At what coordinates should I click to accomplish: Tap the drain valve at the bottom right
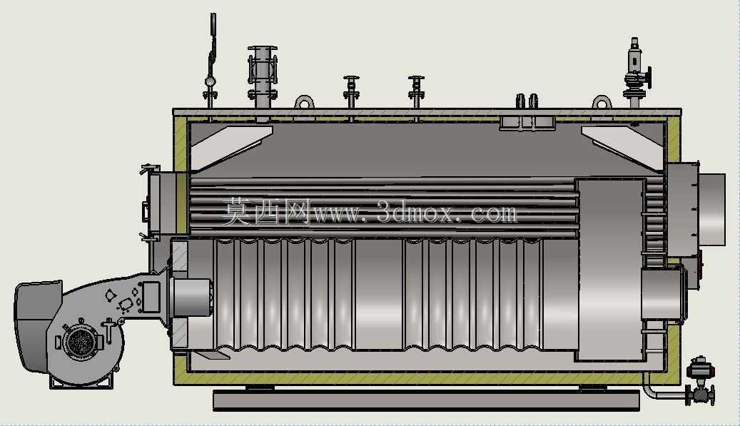point(700,382)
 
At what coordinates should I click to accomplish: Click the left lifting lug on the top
point(305,102)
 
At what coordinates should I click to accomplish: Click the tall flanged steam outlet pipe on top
point(263,78)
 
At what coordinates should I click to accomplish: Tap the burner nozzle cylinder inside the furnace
point(191,298)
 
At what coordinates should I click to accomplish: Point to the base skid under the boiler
point(426,400)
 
